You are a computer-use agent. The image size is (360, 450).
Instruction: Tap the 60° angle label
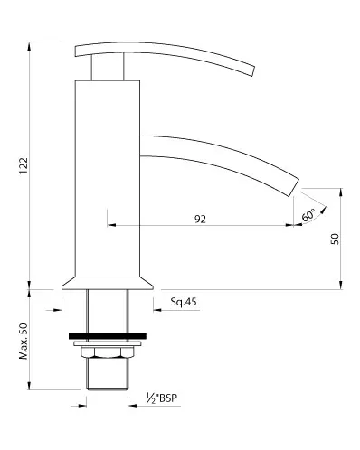(x=308, y=215)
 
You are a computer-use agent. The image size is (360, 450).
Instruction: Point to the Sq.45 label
(x=184, y=303)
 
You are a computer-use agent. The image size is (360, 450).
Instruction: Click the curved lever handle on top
(x=172, y=54)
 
